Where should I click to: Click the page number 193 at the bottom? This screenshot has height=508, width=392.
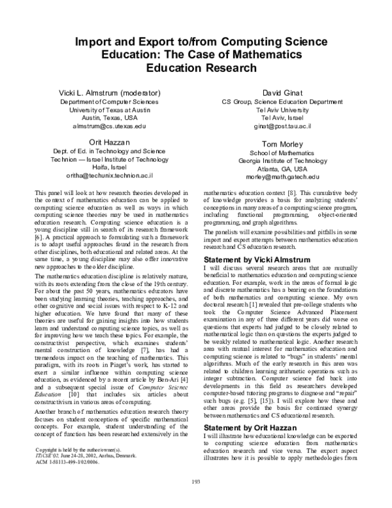(195, 501)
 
